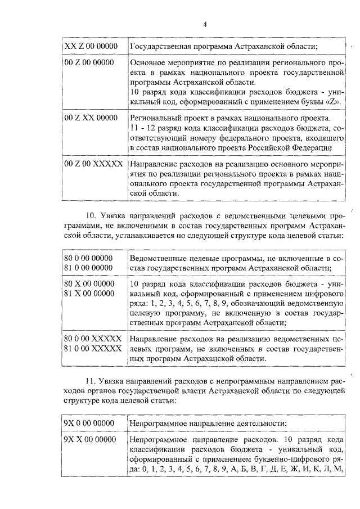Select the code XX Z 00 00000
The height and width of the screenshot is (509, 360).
91,46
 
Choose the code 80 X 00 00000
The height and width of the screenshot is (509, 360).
89,284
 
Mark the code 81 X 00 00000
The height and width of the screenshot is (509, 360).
89,293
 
